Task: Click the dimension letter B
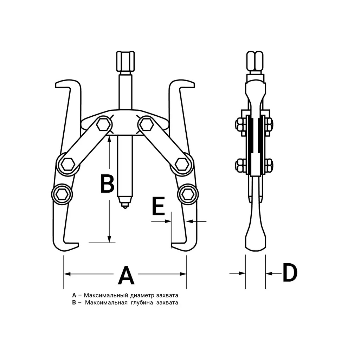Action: point(107,184)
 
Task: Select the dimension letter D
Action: point(290,273)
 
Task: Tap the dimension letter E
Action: point(159,206)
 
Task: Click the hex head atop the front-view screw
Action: point(126,61)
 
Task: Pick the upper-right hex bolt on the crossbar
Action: point(147,125)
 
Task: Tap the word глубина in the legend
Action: point(142,302)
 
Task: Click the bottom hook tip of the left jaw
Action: point(78,244)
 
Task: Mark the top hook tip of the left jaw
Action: point(56,85)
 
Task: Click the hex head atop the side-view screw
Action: point(255,61)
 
